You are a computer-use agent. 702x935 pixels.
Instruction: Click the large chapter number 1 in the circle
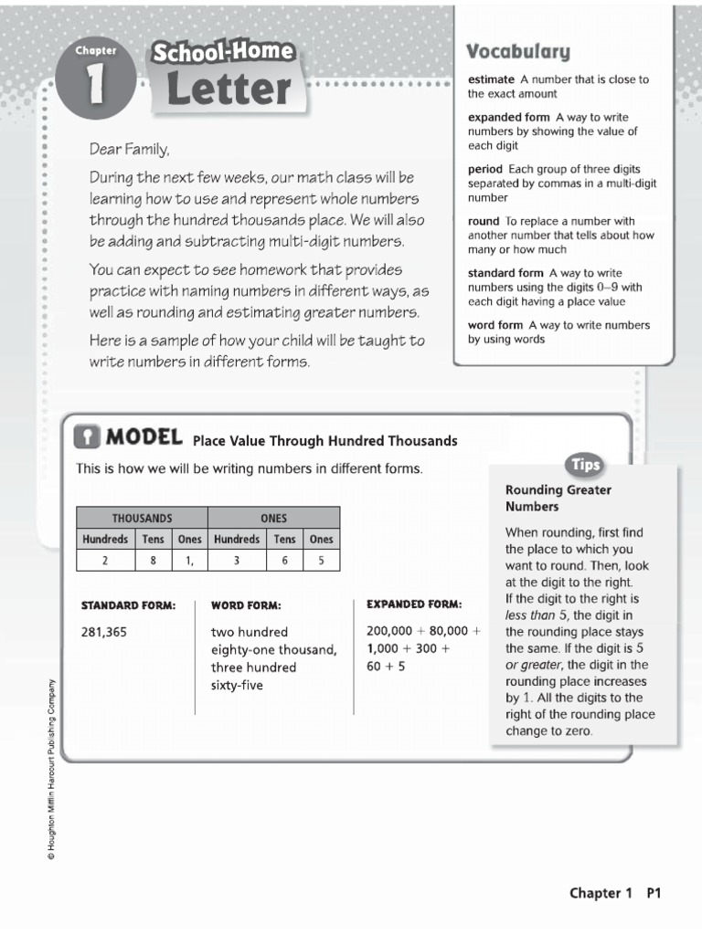[96, 85]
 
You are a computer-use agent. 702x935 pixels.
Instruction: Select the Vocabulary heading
[518, 51]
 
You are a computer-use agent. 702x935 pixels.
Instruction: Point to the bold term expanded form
[509, 118]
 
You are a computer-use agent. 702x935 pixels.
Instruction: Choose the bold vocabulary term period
[485, 169]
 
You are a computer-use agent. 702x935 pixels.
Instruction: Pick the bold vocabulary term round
[484, 221]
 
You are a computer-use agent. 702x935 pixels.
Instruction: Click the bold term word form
[495, 325]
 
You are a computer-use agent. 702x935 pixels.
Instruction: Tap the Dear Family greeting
[129, 149]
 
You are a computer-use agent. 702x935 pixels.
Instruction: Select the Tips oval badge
[585, 465]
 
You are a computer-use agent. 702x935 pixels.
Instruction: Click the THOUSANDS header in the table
[142, 518]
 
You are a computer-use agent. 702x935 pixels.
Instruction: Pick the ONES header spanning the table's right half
[273, 518]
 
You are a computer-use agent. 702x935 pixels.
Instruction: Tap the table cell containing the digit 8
[152, 562]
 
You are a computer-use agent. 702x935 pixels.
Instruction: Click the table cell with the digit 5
[321, 562]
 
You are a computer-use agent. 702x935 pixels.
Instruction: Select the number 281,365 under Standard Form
[103, 631]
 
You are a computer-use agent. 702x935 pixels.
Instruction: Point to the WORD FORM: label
[246, 605]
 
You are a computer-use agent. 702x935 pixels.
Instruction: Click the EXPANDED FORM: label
[414, 604]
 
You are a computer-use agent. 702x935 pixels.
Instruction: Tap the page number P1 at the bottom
[654, 894]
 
